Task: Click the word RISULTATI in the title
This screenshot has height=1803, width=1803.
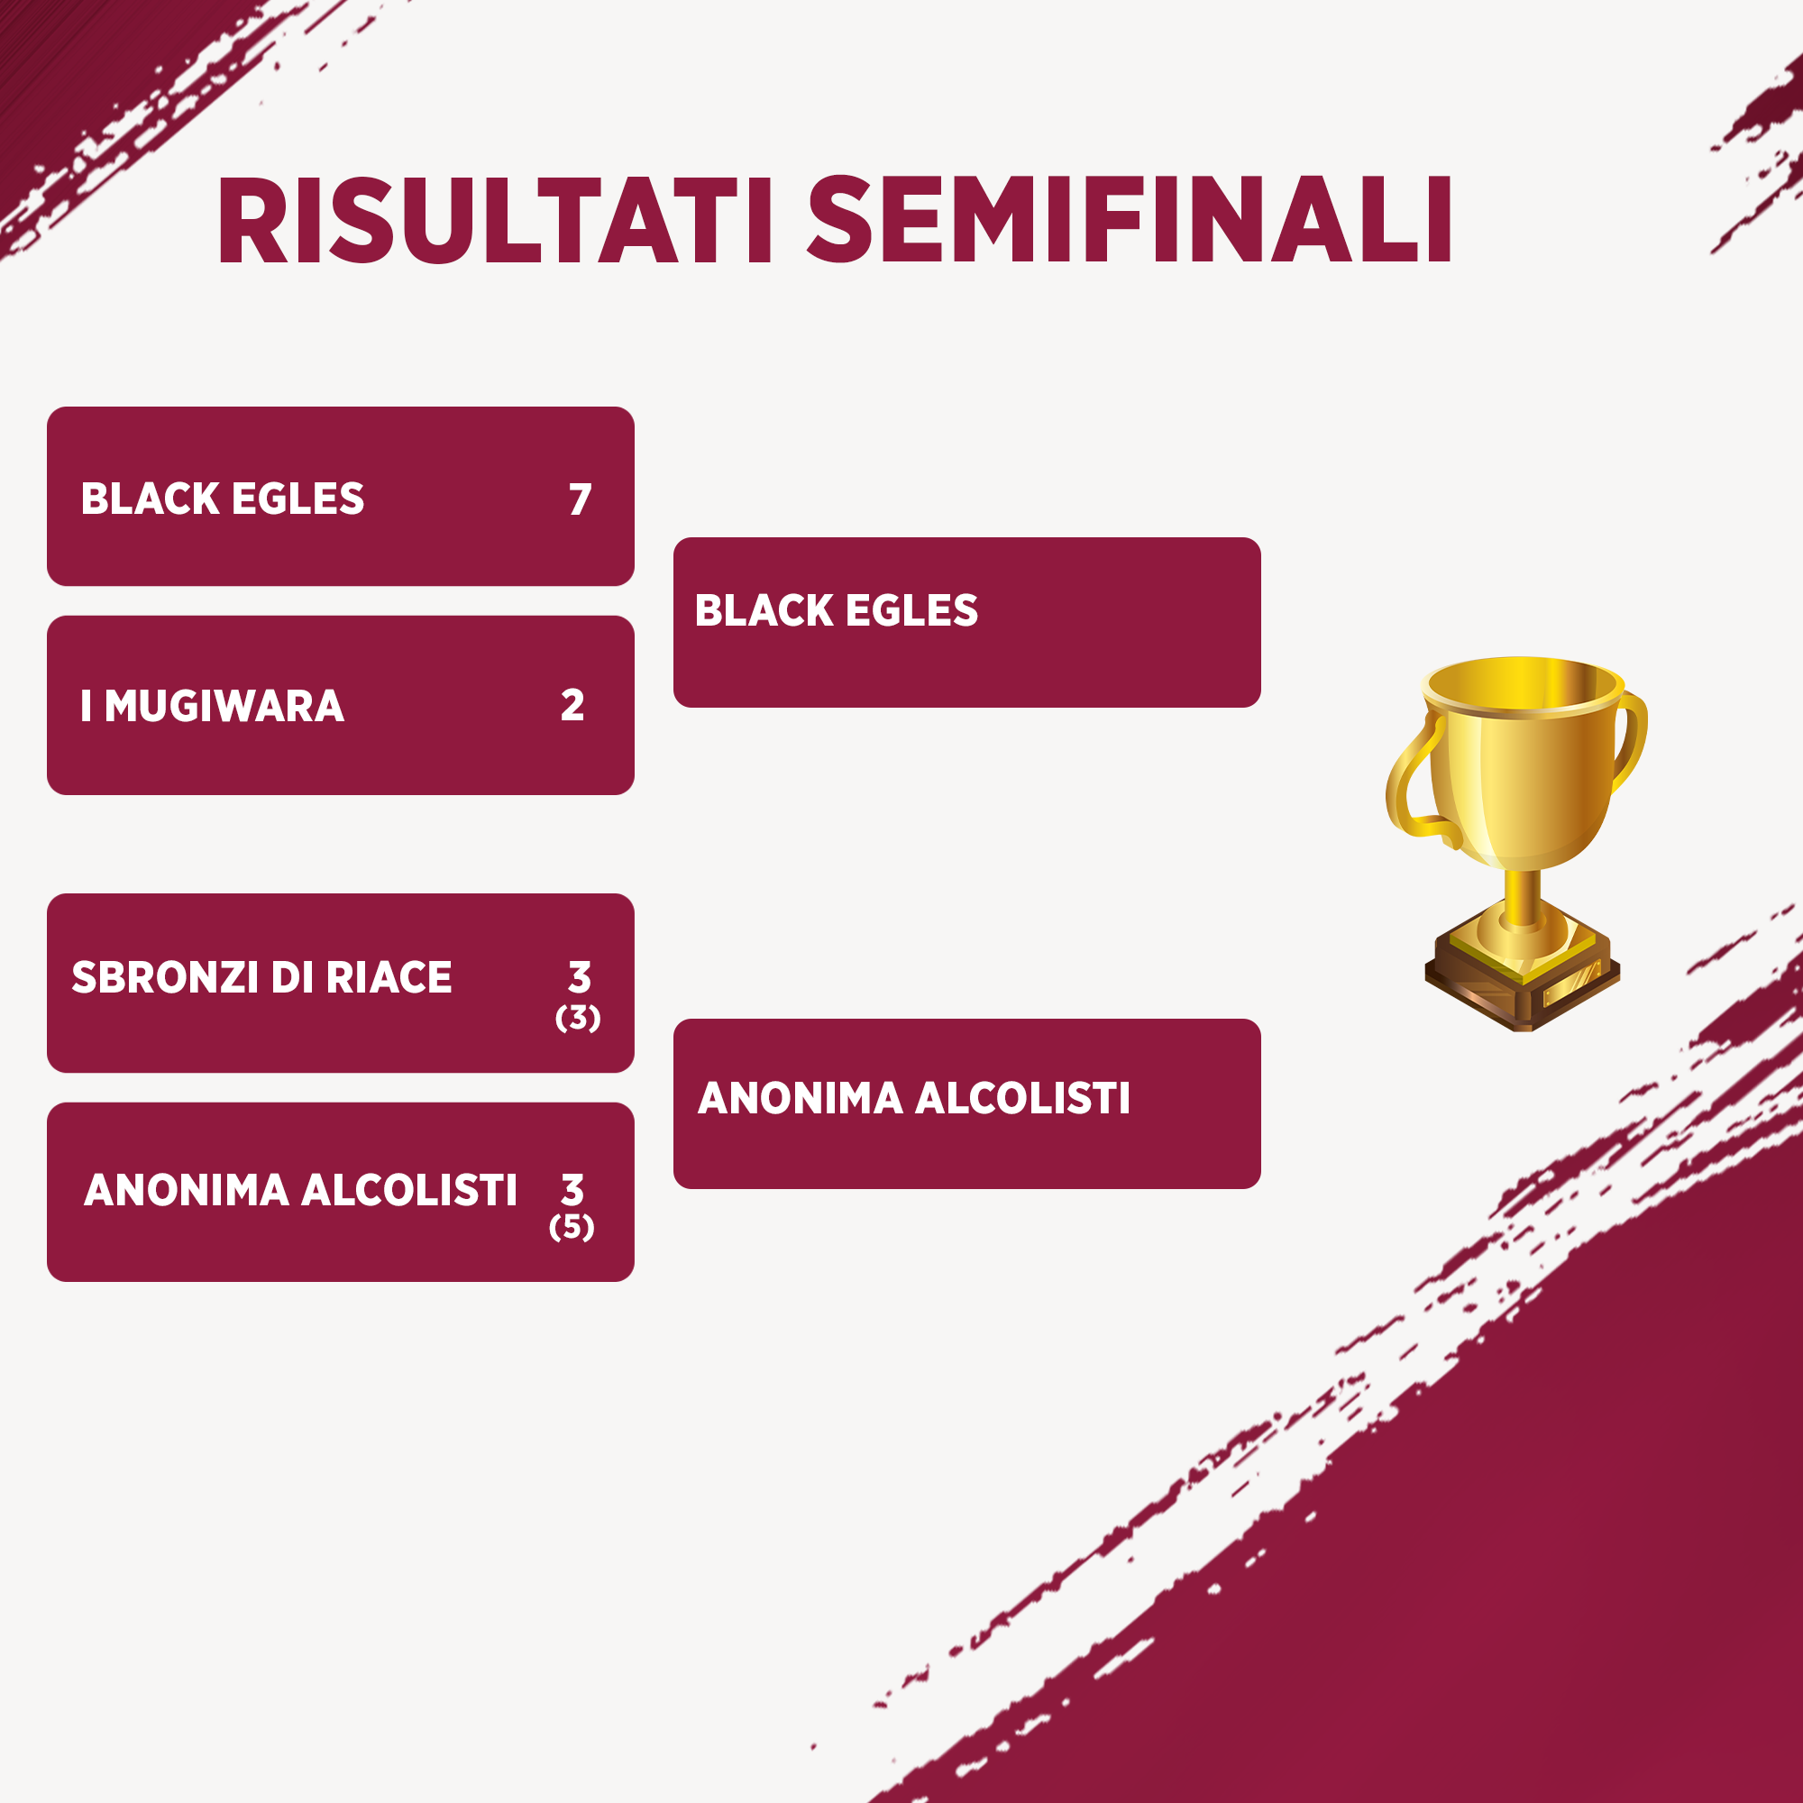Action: [496, 220]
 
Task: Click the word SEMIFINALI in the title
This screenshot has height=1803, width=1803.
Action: [1130, 220]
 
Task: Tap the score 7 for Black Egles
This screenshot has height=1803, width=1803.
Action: [581, 499]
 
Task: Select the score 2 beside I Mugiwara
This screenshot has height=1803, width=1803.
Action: [573, 705]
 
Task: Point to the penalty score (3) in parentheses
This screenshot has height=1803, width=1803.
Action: [578, 1017]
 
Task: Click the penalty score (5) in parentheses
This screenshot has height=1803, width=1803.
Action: [572, 1226]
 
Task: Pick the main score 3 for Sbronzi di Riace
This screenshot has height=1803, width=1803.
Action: [580, 977]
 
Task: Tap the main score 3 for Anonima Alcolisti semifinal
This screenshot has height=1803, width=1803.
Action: [573, 1190]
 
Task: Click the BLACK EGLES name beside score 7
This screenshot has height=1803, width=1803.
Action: [222, 499]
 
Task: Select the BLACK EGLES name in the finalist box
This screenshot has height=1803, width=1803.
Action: [837, 610]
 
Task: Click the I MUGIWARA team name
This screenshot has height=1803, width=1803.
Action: [213, 706]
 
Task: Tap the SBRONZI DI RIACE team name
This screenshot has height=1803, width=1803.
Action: [262, 977]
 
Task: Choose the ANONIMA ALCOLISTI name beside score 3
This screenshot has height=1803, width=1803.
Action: [300, 1190]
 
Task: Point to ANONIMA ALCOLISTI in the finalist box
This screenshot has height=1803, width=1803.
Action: [913, 1097]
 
